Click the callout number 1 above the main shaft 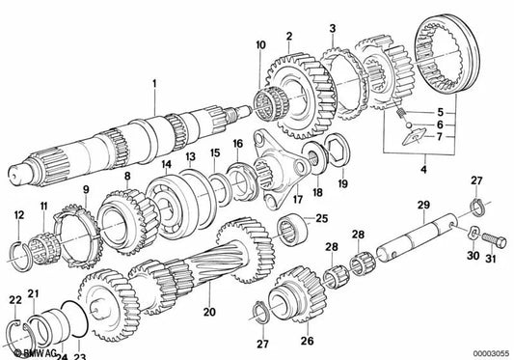point(151,85)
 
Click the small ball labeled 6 point(409,125)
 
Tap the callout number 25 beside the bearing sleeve point(322,217)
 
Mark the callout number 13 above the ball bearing point(190,155)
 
